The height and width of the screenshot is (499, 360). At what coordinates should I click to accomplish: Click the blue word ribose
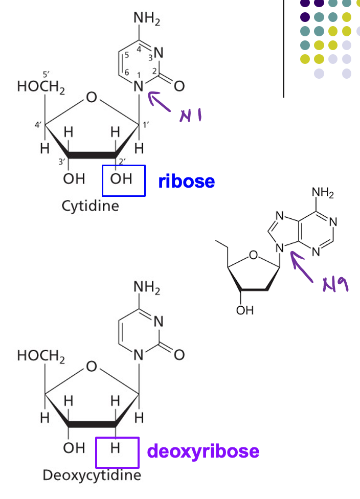point(186,181)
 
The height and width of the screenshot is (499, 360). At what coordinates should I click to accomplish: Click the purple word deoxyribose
point(203,451)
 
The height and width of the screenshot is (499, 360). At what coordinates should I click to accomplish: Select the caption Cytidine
point(90,206)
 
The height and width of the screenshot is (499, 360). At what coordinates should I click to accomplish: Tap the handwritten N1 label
point(189,116)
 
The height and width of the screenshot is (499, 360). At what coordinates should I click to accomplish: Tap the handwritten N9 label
point(335,284)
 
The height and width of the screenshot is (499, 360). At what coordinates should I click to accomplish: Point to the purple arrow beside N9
point(301,266)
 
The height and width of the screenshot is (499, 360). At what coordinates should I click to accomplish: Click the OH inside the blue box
point(121,179)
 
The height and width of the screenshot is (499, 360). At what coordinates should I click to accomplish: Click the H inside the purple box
point(115,449)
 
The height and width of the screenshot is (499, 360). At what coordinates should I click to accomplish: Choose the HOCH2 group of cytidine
point(41,87)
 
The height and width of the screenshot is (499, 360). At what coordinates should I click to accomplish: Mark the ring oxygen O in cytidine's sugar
point(91,97)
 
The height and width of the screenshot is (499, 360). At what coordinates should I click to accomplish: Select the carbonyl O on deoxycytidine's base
point(179,355)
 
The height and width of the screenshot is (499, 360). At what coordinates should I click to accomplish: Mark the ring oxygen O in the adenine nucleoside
point(253,255)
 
